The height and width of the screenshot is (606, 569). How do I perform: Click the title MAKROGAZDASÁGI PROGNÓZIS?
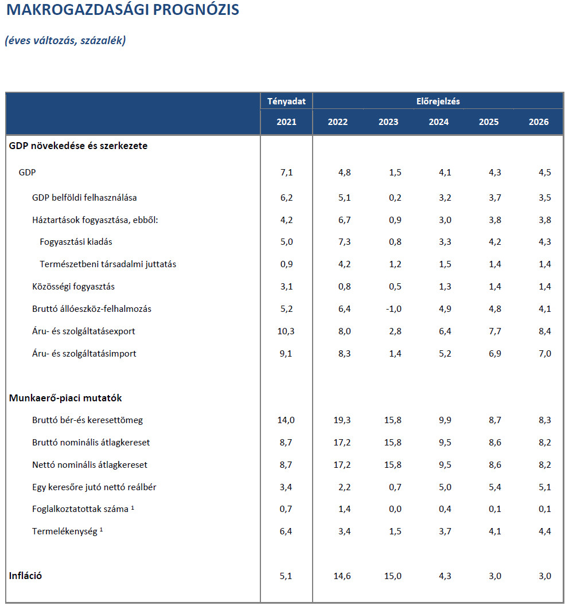122,10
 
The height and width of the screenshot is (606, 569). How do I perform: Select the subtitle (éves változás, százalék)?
65,41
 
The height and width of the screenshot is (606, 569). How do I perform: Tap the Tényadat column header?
286,101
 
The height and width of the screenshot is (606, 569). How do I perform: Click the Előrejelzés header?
438,101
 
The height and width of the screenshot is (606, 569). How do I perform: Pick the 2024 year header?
439,122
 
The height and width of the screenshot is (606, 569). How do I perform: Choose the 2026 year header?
539,122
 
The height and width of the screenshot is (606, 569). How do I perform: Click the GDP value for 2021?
286,172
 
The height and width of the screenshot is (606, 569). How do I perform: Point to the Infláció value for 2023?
392,576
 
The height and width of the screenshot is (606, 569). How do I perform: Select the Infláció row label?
25,576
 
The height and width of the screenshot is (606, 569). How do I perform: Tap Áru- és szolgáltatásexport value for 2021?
285,331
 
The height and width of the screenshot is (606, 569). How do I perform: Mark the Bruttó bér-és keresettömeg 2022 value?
342,420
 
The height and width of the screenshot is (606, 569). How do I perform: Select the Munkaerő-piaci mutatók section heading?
65,398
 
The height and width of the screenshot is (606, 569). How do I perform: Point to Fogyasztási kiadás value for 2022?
344,242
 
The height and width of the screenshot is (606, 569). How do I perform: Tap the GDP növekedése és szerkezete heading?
78,146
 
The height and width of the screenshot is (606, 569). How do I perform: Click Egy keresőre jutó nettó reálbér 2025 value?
494,487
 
